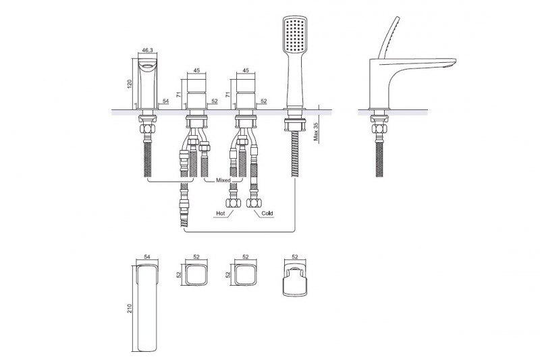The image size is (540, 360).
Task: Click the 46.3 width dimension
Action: pos(147,50)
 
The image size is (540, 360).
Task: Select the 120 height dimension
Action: pos(130,83)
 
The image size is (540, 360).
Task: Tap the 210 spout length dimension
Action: pos(130,307)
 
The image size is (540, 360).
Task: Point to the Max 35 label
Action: pos(316,131)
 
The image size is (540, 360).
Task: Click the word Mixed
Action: pos(223,180)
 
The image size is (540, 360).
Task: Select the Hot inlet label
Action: pos(221,213)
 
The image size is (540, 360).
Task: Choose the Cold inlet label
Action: pos(267,213)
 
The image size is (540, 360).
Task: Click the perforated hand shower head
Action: pos(295,34)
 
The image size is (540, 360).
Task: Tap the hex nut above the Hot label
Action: pos(234,203)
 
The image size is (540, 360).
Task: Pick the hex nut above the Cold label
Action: pos(254,203)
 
